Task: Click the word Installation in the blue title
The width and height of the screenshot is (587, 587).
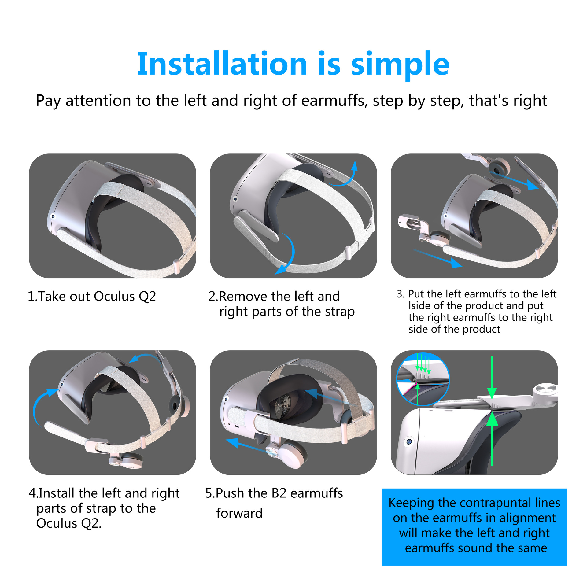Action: [x=222, y=64]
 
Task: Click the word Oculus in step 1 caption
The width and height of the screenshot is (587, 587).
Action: [x=114, y=296]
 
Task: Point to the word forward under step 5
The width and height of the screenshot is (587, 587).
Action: [x=239, y=513]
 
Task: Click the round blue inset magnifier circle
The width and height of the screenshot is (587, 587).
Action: [x=423, y=379]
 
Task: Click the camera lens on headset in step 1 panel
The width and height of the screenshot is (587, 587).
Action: [x=53, y=216]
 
